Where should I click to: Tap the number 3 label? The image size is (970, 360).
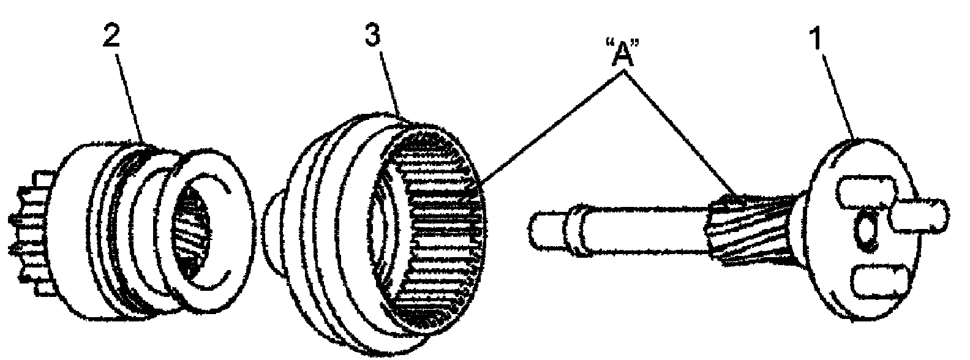(x=373, y=35)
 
